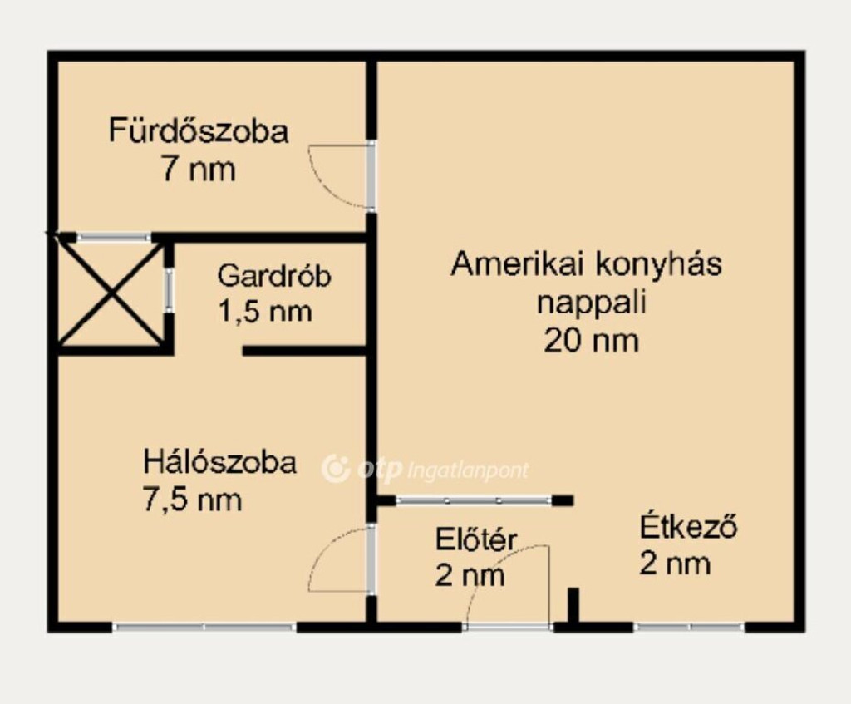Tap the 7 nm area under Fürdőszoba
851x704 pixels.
(x=198, y=170)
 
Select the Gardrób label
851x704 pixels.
(x=274, y=276)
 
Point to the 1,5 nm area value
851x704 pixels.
(x=265, y=313)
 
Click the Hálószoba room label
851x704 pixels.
(x=219, y=462)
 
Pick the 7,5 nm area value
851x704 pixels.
(x=192, y=499)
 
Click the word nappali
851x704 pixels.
(x=592, y=303)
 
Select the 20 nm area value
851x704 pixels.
(x=592, y=342)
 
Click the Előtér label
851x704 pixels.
(x=476, y=540)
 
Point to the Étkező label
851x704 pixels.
(x=688, y=526)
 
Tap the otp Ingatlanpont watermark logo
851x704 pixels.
(x=425, y=469)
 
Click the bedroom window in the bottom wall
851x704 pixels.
(x=204, y=627)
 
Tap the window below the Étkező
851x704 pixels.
(x=689, y=627)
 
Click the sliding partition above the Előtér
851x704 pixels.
(x=475, y=500)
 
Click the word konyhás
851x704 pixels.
(x=658, y=265)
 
